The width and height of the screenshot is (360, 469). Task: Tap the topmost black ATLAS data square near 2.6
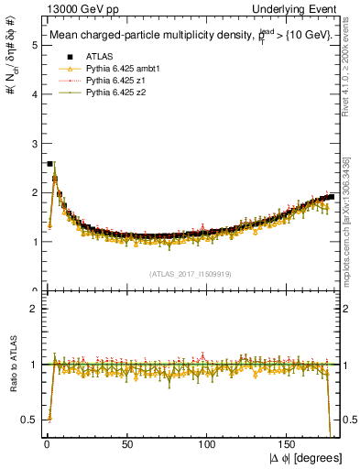tap(49, 164)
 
